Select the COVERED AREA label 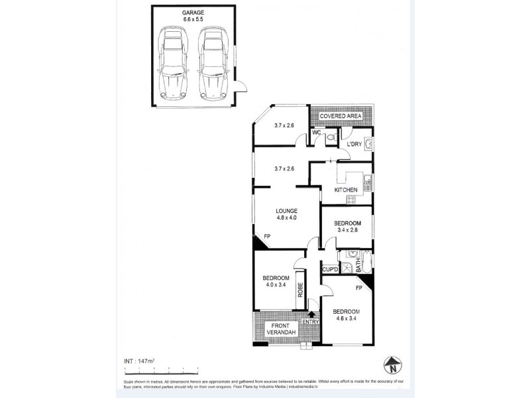coord(341,116)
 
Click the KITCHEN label coord(346,190)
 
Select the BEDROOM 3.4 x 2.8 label coord(347,227)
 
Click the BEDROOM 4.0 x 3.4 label coord(276,282)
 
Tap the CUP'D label coord(330,269)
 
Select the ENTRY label coord(310,322)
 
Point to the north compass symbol coord(393,364)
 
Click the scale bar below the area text coord(162,369)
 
